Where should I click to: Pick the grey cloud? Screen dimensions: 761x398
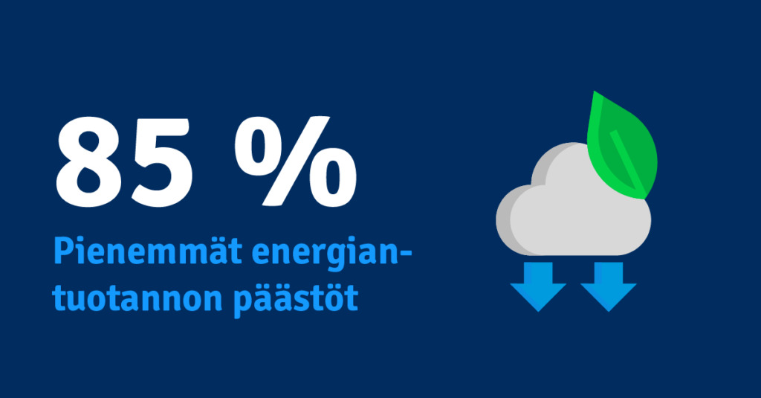[573, 204]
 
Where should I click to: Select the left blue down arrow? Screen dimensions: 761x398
[538, 286]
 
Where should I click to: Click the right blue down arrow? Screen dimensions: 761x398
[608, 286]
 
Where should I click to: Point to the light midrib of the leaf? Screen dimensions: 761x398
[629, 163]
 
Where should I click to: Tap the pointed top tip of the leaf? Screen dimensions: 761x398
[594, 92]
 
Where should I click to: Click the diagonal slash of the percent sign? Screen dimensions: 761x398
[296, 161]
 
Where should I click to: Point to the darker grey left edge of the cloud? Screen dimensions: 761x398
[505, 219]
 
